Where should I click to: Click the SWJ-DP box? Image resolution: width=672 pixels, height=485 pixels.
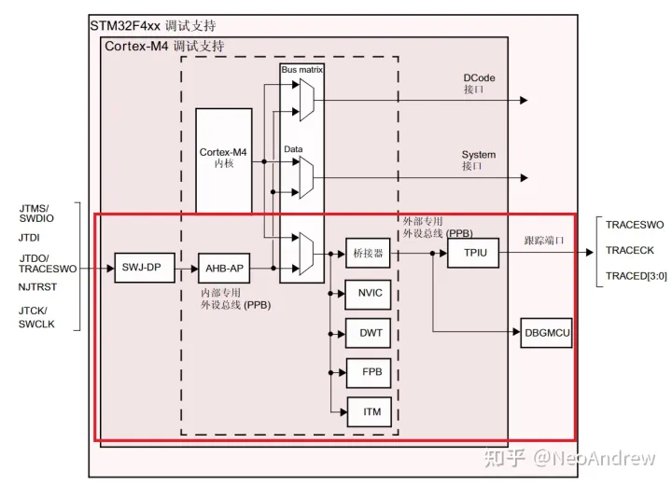point(141,269)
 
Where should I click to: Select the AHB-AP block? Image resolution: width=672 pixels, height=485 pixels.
point(224,269)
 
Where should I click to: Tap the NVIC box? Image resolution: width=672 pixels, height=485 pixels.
point(370,293)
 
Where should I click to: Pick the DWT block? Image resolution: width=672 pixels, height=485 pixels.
point(370,332)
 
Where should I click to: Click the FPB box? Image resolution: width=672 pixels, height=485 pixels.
point(370,371)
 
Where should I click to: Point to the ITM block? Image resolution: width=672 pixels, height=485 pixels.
point(370,410)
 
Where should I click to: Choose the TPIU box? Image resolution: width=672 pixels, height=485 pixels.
point(474,252)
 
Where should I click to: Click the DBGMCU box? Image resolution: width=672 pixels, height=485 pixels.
point(548,332)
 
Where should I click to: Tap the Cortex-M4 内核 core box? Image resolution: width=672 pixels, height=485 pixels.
point(223,159)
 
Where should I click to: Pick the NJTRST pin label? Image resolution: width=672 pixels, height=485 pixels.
point(38,289)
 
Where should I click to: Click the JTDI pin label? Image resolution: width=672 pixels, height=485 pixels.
point(29,238)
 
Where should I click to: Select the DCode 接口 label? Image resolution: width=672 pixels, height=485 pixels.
point(479,84)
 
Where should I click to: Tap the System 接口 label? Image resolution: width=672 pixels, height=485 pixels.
point(479,160)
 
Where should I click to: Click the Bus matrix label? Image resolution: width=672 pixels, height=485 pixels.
point(301,70)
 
